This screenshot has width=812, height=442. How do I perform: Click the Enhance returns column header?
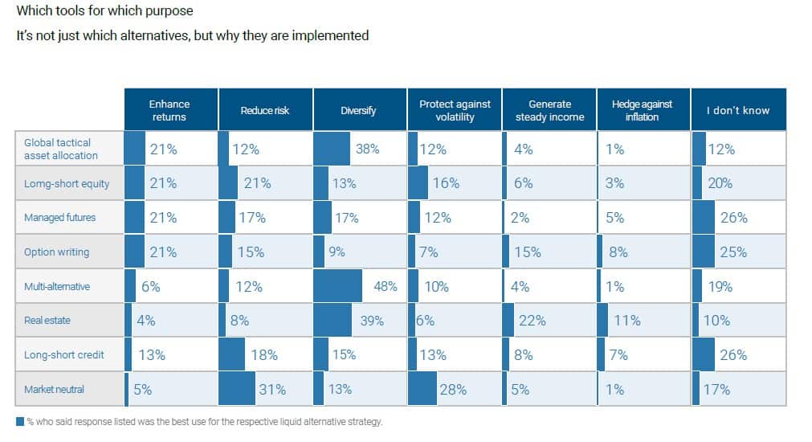pyautogui.click(x=169, y=110)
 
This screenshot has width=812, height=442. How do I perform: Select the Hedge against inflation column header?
pyautogui.click(x=643, y=110)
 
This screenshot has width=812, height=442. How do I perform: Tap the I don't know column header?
pyautogui.click(x=738, y=110)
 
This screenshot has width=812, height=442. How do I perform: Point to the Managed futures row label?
pyautogui.click(x=60, y=218)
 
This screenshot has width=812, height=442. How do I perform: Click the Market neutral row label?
pyautogui.click(x=55, y=390)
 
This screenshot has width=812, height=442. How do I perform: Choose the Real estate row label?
pyautogui.click(x=47, y=321)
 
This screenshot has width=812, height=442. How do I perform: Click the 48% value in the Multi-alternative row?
pyautogui.click(x=386, y=287)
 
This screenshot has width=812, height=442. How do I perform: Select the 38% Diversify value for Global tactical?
pyautogui.click(x=367, y=149)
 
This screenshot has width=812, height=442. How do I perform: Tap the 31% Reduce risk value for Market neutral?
pyautogui.click(x=272, y=390)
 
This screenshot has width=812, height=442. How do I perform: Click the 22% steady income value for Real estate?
pyautogui.click(x=532, y=321)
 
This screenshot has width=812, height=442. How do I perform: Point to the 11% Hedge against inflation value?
pyautogui.click(x=626, y=321)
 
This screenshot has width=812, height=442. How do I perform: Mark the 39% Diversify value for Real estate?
pyautogui.click(x=371, y=321)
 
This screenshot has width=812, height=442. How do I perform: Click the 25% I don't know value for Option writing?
pyautogui.click(x=732, y=252)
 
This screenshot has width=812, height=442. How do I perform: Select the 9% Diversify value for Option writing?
pyautogui.click(x=337, y=252)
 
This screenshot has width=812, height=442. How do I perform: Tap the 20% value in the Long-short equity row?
pyautogui.click(x=720, y=183)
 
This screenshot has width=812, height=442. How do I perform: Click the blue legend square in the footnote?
pyautogui.click(x=20, y=421)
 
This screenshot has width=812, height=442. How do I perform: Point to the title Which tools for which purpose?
pyautogui.click(x=104, y=12)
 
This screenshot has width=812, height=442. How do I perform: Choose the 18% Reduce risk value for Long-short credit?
pyautogui.click(x=263, y=355)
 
